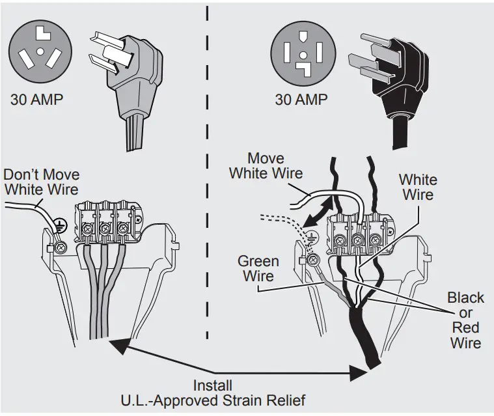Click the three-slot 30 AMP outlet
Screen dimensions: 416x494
click(x=41, y=51)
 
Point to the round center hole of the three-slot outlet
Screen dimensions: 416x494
click(x=41, y=51)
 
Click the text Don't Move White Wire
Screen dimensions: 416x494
click(x=41, y=182)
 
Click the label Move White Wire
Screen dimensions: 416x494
click(x=266, y=166)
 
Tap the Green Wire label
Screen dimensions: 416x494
click(x=258, y=268)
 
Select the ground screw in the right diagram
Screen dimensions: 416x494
click(x=313, y=260)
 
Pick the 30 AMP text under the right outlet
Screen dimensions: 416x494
click(x=301, y=100)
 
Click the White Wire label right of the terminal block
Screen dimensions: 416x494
click(x=418, y=186)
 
